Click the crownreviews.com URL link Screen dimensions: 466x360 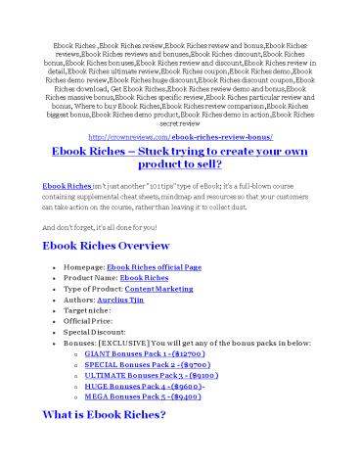click(x=179, y=138)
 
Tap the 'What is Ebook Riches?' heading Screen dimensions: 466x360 click(x=106, y=443)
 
